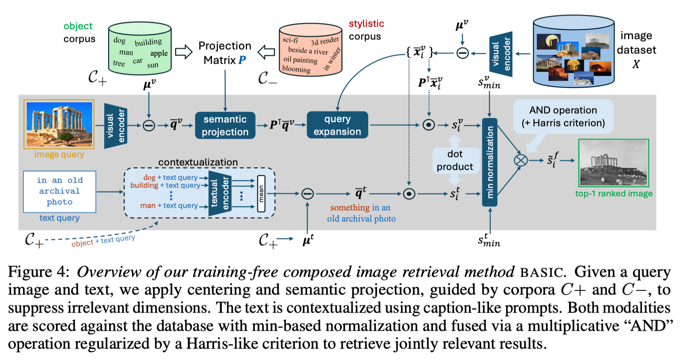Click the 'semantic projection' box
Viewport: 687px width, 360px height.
pyautogui.click(x=225, y=125)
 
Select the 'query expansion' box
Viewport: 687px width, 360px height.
pyautogui.click(x=337, y=125)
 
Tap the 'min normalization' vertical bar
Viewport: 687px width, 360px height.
pyautogui.click(x=490, y=162)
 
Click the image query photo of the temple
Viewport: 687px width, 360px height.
pyautogui.click(x=59, y=124)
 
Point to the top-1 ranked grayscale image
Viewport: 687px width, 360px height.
pyautogui.click(x=613, y=163)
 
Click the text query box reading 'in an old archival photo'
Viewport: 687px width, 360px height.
pyautogui.click(x=59, y=191)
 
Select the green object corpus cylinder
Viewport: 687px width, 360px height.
pyautogui.click(x=140, y=49)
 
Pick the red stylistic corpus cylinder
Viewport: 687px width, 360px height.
pyautogui.click(x=310, y=50)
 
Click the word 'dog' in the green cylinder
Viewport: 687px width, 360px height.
pyautogui.click(x=119, y=40)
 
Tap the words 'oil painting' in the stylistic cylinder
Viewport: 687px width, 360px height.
pyautogui.click(x=300, y=59)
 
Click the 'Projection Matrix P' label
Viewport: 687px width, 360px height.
pyautogui.click(x=225, y=53)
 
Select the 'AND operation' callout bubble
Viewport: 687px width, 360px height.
pyautogui.click(x=563, y=116)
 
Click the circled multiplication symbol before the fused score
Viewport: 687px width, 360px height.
pyautogui.click(x=520, y=160)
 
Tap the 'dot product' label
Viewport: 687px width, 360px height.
pyautogui.click(x=455, y=160)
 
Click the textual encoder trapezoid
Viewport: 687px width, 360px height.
pyautogui.click(x=220, y=193)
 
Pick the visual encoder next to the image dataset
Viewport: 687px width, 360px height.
pyautogui.click(x=501, y=54)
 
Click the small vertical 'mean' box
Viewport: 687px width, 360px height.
pyautogui.click(x=261, y=193)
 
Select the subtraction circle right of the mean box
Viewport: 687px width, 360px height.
pyautogui.click(x=308, y=193)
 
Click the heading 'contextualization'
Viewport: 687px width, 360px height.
pyautogui.click(x=198, y=162)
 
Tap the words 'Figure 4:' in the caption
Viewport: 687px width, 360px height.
pyautogui.click(x=38, y=272)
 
